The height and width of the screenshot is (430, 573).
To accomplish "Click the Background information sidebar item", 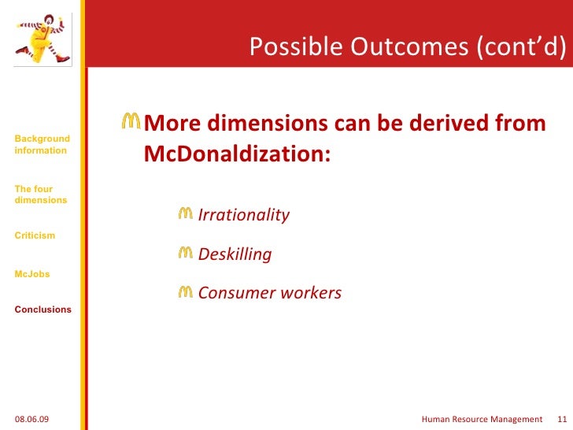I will [x=42, y=145].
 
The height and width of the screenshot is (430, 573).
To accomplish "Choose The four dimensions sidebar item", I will [x=40, y=195].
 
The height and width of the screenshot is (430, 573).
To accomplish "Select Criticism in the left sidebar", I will [x=35, y=235].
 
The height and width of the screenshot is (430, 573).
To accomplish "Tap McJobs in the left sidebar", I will [x=31, y=274].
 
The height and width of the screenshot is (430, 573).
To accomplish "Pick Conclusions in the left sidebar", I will [x=43, y=310].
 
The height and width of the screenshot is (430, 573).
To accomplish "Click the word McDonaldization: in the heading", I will [x=237, y=154].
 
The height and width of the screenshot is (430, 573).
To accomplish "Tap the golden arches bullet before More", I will [x=131, y=122].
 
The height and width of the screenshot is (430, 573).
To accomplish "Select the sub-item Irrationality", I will [x=243, y=215].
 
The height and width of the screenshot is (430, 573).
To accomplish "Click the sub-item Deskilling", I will [x=235, y=254].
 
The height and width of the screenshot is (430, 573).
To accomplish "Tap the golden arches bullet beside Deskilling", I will [x=186, y=253].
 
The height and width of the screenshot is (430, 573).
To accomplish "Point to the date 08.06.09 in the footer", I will [x=31, y=419].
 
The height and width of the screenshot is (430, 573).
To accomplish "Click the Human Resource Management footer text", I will [x=482, y=419].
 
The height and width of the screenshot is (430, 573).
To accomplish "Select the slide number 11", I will [x=561, y=419].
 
